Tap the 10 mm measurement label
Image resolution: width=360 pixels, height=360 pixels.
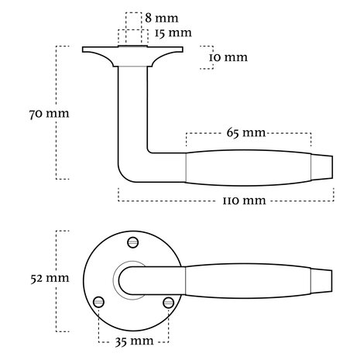click(231, 57)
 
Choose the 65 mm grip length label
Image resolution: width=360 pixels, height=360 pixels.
click(248, 133)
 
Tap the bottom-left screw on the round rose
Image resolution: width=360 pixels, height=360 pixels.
click(98, 301)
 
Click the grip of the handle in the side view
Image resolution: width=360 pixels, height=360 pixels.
click(248, 165)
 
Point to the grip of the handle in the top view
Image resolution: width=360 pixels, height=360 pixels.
click(248, 277)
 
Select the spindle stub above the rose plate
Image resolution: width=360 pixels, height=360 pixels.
click(131, 38)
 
